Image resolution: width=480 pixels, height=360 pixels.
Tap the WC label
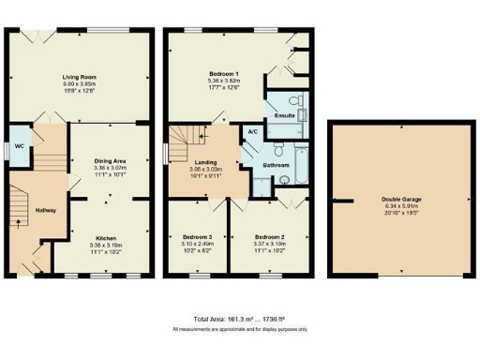pyautogui.click(x=19, y=147)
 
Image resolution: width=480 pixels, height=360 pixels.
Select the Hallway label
pyautogui.click(x=45, y=210)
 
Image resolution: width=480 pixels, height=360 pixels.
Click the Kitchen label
pyautogui.click(x=110, y=238)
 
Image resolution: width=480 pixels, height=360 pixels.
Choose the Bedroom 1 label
pyautogui.click(x=223, y=73)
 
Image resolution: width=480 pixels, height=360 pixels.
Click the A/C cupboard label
pyautogui.click(x=250, y=132)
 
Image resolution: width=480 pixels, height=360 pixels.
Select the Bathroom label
pyautogui.click(x=276, y=166)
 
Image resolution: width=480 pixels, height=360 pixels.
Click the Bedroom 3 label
pyautogui.click(x=197, y=237)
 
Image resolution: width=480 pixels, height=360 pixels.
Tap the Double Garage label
pyautogui.click(x=400, y=199)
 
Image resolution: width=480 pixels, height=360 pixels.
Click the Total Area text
pyautogui.click(x=239, y=320)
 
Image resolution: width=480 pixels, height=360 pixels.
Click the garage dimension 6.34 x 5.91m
pyautogui.click(x=400, y=206)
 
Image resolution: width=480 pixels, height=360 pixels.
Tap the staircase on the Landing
pyautogui.click(x=191, y=141)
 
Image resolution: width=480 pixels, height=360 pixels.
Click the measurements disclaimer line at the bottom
pyautogui.click(x=239, y=330)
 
